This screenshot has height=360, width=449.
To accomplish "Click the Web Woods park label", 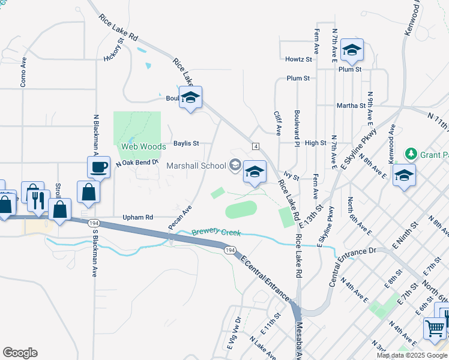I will coord(143,146).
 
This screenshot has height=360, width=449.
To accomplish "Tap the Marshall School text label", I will coord(196,166).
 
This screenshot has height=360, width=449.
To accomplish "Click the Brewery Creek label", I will coord(216,232).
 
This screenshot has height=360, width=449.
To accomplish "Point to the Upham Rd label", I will coord(138,217).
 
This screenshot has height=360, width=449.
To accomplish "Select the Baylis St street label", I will coord(186,143).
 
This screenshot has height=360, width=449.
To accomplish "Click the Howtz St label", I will coord(299,59).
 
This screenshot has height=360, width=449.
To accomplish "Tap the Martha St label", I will coord(351,106).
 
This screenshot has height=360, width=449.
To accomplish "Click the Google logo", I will coord(20,353).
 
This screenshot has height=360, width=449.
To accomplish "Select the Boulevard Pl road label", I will coord(297,127).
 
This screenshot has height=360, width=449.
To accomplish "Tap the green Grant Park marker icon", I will coord(411,154).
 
